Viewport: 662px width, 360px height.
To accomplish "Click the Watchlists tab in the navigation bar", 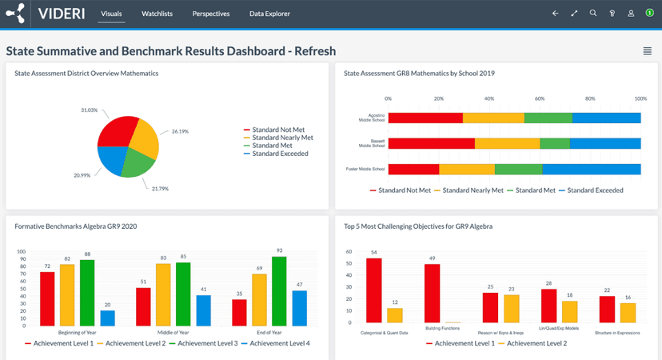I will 158,14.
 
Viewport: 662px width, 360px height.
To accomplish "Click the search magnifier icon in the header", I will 593,14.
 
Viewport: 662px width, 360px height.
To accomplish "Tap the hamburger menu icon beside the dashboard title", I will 648,51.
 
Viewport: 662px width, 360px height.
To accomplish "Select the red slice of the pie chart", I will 114,132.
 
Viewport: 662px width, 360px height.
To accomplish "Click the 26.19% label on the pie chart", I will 180,131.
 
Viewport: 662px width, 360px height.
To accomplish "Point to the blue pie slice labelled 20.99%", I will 110,161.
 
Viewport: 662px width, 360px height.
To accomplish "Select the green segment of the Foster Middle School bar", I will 519,169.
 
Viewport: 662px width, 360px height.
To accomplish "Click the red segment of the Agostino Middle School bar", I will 425,118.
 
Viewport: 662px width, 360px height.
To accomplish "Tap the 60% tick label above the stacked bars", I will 540,98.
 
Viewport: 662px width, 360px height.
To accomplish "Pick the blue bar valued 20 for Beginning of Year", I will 107,318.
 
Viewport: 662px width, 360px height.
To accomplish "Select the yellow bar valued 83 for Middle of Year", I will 163,294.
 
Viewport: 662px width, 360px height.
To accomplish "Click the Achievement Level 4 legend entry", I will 276,342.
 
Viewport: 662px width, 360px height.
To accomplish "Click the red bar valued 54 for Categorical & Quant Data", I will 374,290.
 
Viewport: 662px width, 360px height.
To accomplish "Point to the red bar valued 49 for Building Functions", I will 432,294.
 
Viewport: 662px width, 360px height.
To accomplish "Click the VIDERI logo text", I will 63,14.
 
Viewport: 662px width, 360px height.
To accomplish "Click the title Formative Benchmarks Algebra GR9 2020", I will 76,226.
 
